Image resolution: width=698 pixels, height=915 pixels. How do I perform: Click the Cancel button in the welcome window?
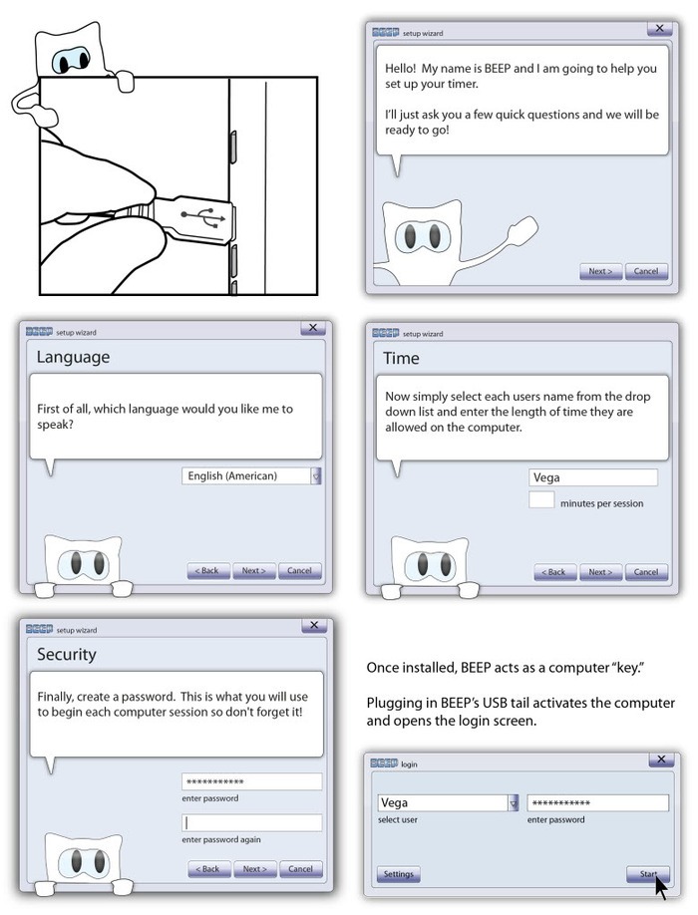(x=645, y=271)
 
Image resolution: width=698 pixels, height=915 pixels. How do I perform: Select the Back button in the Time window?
(x=554, y=572)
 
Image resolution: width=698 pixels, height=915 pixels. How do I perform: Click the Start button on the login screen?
(x=648, y=874)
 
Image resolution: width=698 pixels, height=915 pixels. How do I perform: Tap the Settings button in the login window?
(x=398, y=874)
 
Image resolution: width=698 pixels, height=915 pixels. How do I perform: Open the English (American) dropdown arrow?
(x=317, y=476)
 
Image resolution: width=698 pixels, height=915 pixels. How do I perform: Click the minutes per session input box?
(x=541, y=500)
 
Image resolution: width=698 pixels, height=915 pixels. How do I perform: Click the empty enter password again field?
(x=251, y=823)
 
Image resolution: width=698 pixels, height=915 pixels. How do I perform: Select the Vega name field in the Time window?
(x=592, y=478)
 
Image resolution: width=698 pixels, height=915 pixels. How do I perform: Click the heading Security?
(x=67, y=655)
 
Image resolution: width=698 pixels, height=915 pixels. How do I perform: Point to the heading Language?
(x=73, y=358)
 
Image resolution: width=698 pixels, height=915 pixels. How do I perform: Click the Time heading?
(x=401, y=358)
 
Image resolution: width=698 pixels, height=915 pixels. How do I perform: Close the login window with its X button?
(x=659, y=760)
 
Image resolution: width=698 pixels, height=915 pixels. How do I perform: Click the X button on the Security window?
(x=313, y=626)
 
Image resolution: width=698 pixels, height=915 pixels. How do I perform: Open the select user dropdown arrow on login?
(x=514, y=802)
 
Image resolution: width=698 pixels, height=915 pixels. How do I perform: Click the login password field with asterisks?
(x=597, y=802)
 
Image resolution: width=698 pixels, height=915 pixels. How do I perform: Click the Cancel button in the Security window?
(x=300, y=869)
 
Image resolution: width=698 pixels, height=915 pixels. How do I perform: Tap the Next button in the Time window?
(x=599, y=572)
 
